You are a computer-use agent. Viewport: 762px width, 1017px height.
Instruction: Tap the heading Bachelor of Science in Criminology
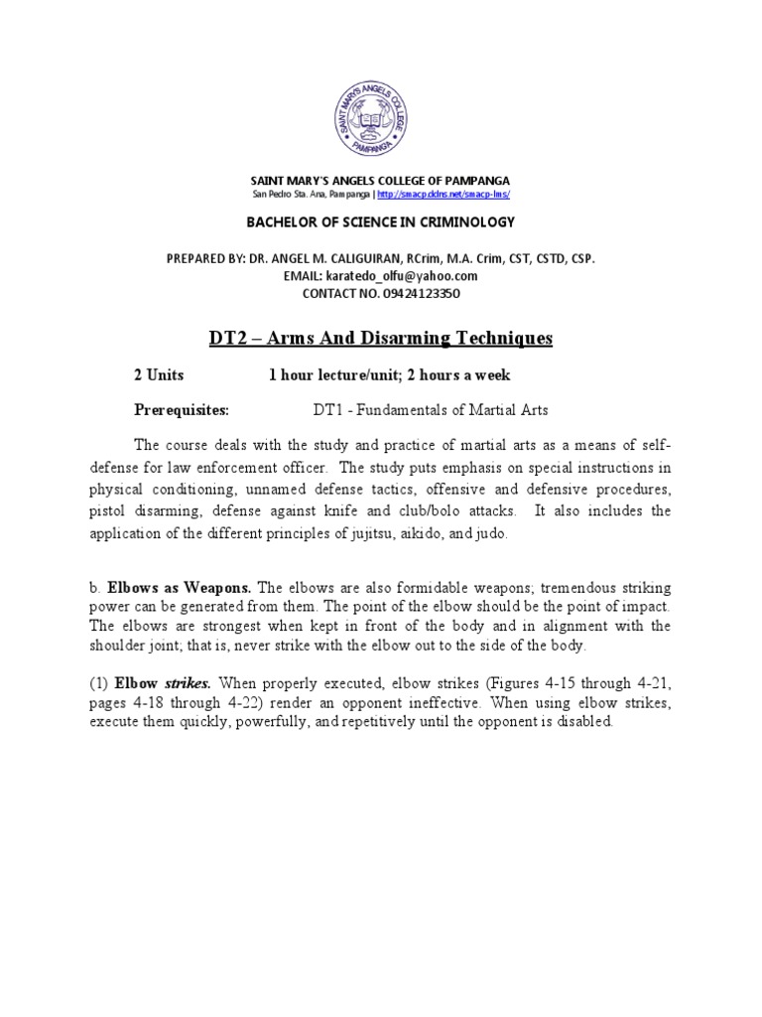(380, 220)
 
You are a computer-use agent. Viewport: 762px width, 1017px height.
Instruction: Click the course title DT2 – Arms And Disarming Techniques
(380, 339)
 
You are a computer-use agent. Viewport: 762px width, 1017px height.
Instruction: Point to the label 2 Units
(159, 375)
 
